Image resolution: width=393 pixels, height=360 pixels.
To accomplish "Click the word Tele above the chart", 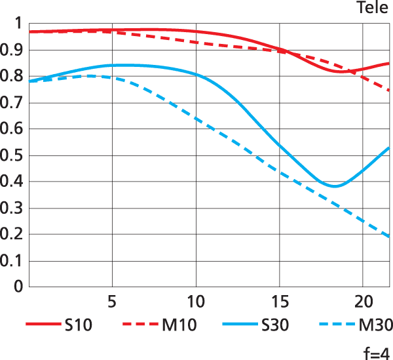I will [x=373, y=8].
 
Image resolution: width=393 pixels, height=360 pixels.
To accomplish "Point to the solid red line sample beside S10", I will [x=42, y=324].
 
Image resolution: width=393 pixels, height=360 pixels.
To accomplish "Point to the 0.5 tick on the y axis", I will [x=13, y=156].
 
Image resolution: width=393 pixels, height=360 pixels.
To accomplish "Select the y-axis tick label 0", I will [x=18, y=287].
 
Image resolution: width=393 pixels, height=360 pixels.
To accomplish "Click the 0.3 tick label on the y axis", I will [x=13, y=209].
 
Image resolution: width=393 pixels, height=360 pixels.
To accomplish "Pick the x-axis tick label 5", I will [x=112, y=302].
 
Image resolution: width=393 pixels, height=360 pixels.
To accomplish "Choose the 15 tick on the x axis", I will [x=280, y=302].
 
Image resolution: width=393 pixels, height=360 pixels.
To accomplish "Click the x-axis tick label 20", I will [x=363, y=302].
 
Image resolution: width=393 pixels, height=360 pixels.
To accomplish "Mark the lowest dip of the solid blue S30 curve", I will [x=334, y=186].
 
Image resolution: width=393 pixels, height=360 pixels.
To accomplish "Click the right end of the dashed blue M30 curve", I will [x=389, y=236].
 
